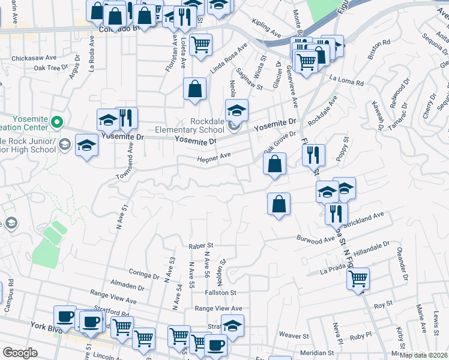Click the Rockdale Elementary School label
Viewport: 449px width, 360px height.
[x=207, y=125]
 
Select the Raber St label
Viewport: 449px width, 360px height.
[x=201, y=246]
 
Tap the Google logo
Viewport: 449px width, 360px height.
[x=20, y=353]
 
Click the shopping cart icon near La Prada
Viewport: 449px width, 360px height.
[x=358, y=278]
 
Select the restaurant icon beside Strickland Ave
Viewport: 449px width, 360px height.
[x=336, y=213]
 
